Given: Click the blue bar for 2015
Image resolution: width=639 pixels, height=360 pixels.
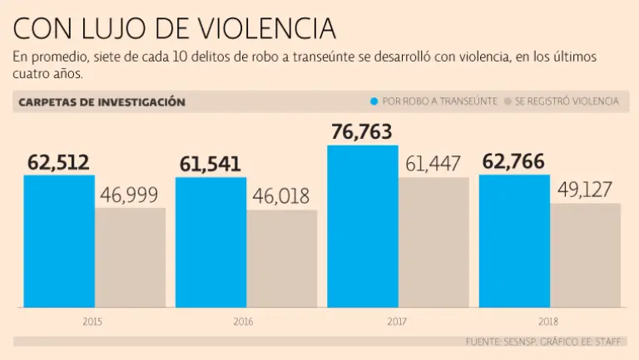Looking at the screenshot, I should (x=59, y=241).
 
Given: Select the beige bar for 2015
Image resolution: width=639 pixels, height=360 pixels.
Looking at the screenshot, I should (x=130, y=258).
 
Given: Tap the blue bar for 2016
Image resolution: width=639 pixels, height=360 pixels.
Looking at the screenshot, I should (x=211, y=242).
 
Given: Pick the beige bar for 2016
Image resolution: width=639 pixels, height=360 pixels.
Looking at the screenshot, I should (x=281, y=259).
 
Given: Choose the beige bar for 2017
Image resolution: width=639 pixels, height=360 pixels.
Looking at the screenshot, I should (x=433, y=242).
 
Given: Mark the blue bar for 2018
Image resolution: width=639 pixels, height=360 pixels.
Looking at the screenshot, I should (x=514, y=241).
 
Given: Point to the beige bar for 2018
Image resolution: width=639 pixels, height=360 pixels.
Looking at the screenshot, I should (x=585, y=255).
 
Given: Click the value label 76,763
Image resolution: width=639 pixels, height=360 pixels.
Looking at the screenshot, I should (x=361, y=132).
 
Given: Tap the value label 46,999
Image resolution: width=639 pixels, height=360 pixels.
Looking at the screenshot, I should (x=130, y=195).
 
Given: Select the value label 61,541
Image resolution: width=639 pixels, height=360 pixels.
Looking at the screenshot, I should (x=210, y=164).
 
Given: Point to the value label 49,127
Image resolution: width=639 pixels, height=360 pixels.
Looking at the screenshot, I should (x=586, y=190).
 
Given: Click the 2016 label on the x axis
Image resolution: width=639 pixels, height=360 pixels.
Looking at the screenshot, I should (x=244, y=321).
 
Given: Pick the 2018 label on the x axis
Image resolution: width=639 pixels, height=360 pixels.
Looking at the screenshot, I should (x=547, y=321).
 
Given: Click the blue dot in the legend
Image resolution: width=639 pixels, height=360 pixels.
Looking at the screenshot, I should (x=374, y=101).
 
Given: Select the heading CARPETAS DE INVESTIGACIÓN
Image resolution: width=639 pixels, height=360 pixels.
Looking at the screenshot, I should (x=102, y=101).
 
